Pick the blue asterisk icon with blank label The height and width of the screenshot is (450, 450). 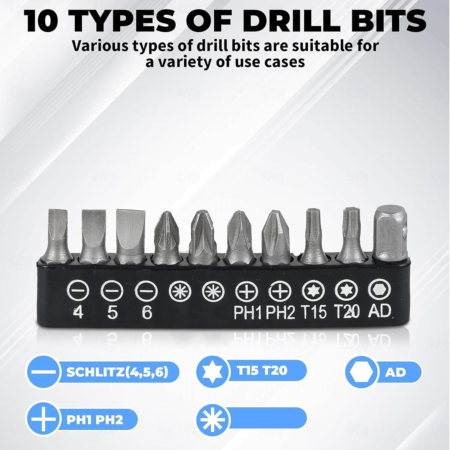click(x=213, y=419)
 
